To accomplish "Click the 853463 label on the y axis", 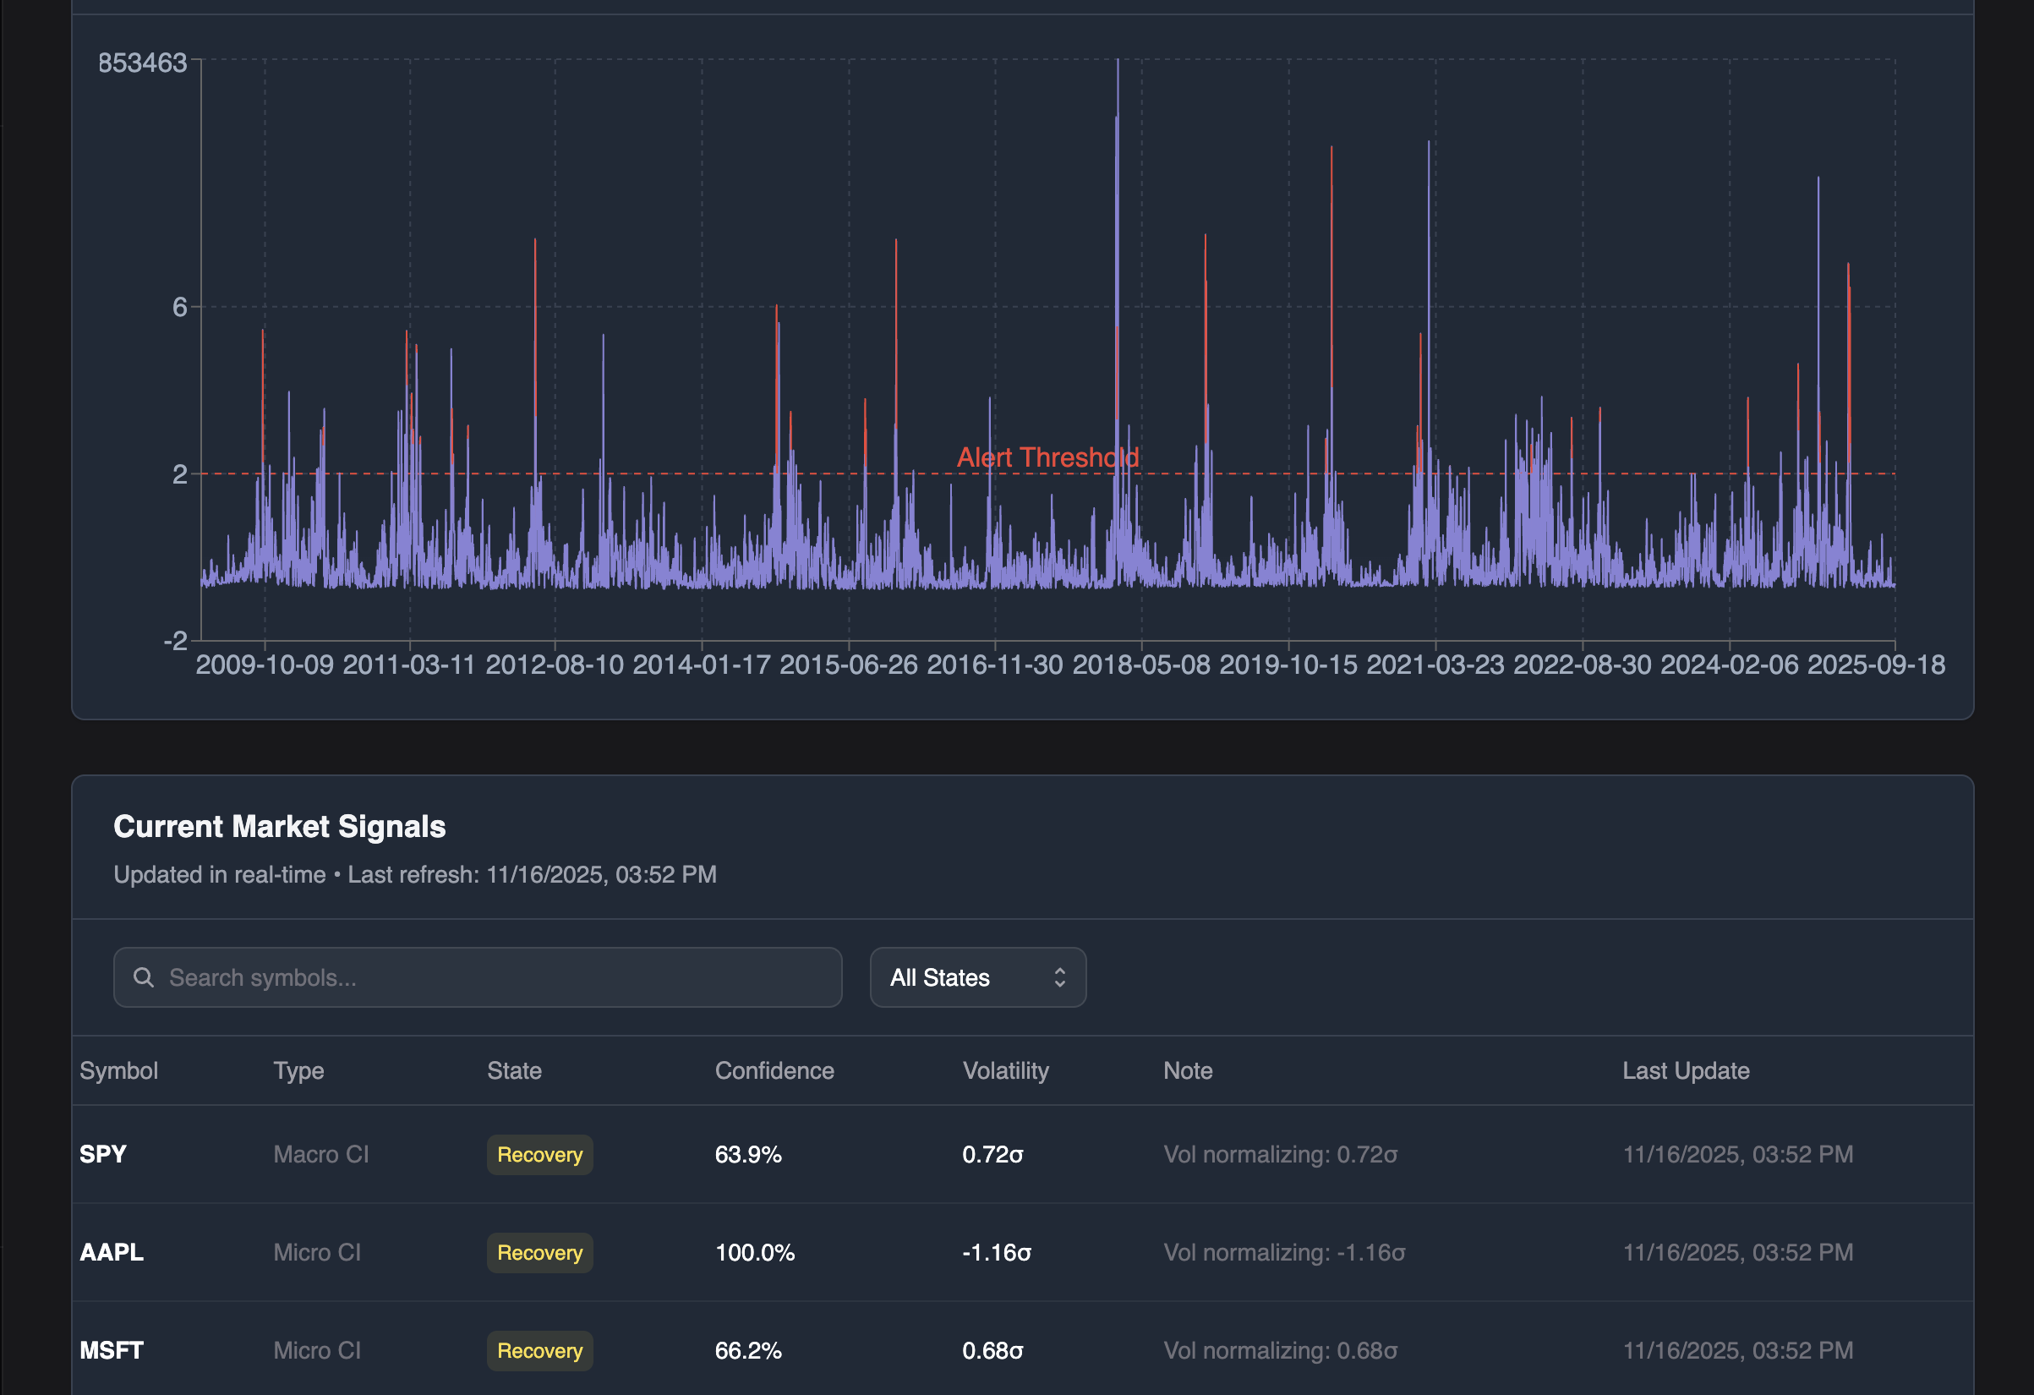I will (143, 63).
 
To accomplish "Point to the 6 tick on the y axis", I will (179, 307).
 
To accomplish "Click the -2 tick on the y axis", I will (176, 641).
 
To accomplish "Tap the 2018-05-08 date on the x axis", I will (1141, 665).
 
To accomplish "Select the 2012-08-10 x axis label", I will (554, 665).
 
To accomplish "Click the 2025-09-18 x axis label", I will (1876, 665).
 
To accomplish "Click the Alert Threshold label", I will (1047, 457).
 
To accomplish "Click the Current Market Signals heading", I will (279, 826).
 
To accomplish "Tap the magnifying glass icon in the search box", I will (144, 977).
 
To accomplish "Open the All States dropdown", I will (977, 977).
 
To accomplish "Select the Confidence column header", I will (774, 1070).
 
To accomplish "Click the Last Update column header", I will (1686, 1070).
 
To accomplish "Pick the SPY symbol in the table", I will (103, 1154).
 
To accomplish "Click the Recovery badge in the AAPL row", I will (539, 1252).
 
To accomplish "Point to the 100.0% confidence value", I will (754, 1252).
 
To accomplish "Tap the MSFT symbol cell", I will (111, 1350).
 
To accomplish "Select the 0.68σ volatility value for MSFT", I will (992, 1350).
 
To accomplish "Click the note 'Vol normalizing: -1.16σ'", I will (1284, 1252).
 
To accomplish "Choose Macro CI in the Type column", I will (320, 1154).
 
